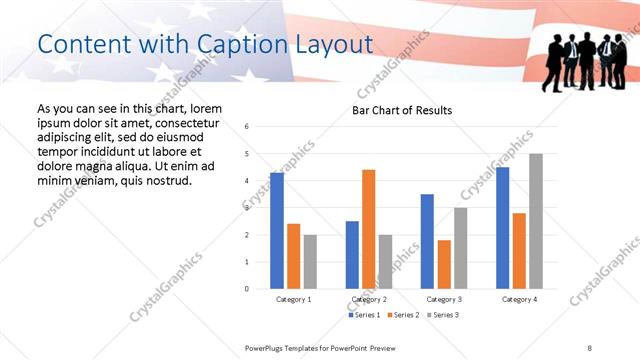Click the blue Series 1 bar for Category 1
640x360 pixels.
277,231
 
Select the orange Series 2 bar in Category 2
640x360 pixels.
369,229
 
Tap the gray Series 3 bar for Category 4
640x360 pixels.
536,221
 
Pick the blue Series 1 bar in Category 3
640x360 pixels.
427,241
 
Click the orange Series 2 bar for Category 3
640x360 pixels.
444,264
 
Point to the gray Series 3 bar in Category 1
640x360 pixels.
310,262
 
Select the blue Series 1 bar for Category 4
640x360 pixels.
502,228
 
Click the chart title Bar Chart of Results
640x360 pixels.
401,110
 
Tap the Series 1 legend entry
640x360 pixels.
365,315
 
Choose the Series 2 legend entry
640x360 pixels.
402,315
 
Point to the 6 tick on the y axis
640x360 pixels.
248,127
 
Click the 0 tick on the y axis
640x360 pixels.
248,289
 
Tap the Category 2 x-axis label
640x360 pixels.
369,299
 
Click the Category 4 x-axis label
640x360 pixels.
519,299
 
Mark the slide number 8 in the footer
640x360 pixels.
590,347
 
